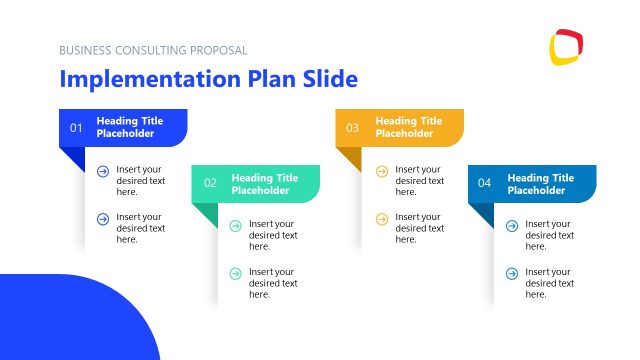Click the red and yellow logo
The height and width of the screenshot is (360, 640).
point(566,47)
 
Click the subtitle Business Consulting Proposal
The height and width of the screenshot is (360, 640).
point(153,50)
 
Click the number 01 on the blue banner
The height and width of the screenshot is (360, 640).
point(76,128)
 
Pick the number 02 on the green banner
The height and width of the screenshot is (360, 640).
point(210,183)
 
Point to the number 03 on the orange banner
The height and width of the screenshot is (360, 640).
point(352,128)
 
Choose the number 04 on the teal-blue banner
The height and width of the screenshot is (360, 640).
point(485,183)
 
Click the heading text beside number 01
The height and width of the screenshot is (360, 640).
point(129,127)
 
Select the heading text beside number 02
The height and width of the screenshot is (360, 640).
point(264,184)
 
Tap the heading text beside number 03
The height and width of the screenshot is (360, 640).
point(408,127)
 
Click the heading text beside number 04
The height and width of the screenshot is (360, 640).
point(540,184)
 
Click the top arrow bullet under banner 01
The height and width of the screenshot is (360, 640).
point(102,171)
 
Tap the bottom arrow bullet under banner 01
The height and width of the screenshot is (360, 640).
point(102,218)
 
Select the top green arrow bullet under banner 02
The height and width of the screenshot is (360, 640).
point(235,225)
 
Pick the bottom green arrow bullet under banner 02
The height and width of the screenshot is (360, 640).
point(235,272)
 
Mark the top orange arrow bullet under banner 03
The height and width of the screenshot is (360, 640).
point(381,171)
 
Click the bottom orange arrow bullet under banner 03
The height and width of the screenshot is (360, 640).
point(381,218)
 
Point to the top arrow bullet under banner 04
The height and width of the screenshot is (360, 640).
point(511,225)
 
